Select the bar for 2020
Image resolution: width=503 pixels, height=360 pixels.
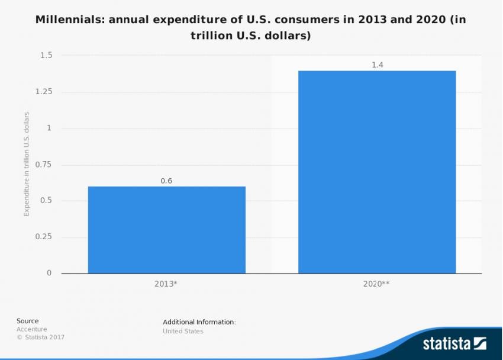pyautogui.click(x=377, y=172)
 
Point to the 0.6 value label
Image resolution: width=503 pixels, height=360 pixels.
pyautogui.click(x=166, y=181)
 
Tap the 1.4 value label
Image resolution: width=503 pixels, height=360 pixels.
pyautogui.click(x=378, y=65)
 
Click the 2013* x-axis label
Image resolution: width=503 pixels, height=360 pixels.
pyautogui.click(x=166, y=284)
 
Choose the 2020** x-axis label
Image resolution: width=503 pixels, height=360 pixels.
pyautogui.click(x=376, y=284)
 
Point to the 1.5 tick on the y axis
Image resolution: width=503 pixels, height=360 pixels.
pyautogui.click(x=46, y=55)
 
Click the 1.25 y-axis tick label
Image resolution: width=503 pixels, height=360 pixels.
pyautogui.click(x=43, y=92)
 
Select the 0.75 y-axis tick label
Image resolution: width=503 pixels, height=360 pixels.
pyautogui.click(x=43, y=165)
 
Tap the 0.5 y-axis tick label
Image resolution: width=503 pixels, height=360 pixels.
pyautogui.click(x=46, y=201)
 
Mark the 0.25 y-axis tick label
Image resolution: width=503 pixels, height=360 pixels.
pyautogui.click(x=43, y=237)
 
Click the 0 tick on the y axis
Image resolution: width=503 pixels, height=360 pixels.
pyautogui.click(x=50, y=273)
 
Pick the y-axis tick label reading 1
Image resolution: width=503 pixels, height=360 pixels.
pyautogui.click(x=50, y=128)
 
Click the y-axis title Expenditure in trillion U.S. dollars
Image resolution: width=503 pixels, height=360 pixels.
pyautogui.click(x=27, y=164)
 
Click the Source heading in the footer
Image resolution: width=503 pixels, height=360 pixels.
pyautogui.click(x=27, y=321)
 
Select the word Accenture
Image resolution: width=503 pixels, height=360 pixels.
pyautogui.click(x=31, y=329)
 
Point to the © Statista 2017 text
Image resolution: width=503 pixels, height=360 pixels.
pyautogui.click(x=40, y=337)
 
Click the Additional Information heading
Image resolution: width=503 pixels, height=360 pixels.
pyautogui.click(x=199, y=322)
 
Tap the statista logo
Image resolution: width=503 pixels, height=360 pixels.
pyautogui.click(x=454, y=343)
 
